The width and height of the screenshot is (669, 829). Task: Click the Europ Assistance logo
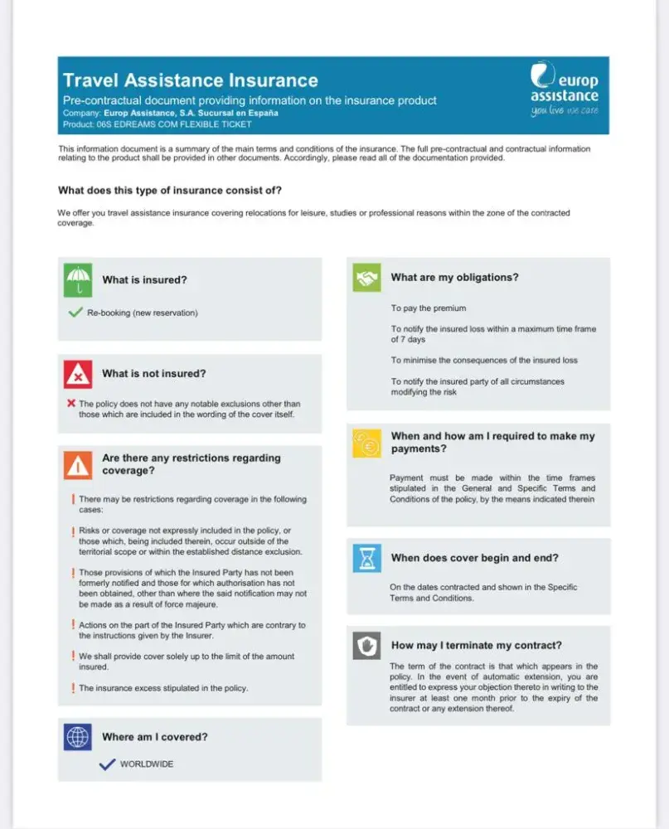[564, 90]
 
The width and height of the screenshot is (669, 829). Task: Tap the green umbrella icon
[78, 279]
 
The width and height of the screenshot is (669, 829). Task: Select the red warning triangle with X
[78, 374]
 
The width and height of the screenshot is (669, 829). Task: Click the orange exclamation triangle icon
[78, 465]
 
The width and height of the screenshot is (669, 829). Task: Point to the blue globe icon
[78, 736]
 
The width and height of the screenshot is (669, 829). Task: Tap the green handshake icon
[366, 278]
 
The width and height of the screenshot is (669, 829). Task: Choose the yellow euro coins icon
[366, 444]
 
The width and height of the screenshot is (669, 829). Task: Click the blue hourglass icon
[366, 557]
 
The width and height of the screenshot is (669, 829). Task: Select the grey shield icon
[366, 645]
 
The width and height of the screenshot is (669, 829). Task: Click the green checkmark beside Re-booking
[75, 313]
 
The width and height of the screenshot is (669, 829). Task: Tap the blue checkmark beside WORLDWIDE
[107, 764]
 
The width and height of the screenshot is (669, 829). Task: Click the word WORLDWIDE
[147, 764]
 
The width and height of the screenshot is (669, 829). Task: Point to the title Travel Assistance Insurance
[191, 80]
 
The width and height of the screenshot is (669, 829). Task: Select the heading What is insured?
[144, 280]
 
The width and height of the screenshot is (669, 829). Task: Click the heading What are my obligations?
[454, 278]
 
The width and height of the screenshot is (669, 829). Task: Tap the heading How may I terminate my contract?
[476, 645]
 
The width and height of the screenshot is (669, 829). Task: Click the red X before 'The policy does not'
[71, 403]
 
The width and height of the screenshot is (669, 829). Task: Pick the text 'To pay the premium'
[429, 308]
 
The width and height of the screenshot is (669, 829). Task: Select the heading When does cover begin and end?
[474, 558]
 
